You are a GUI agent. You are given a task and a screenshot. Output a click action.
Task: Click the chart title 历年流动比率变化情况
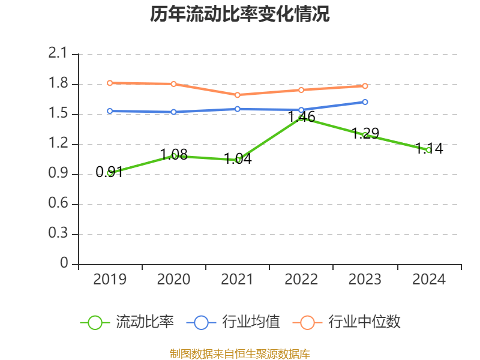239,14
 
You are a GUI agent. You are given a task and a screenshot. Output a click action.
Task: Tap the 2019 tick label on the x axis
110,280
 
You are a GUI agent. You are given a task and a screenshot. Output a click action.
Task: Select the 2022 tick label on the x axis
301,280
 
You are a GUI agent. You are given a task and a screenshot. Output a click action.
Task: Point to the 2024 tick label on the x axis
429,280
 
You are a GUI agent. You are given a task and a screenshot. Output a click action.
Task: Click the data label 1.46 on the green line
301,117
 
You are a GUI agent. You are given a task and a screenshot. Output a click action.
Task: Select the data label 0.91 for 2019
109,173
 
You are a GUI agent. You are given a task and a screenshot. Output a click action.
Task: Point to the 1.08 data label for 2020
174,155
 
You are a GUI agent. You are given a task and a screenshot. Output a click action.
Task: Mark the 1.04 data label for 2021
238,159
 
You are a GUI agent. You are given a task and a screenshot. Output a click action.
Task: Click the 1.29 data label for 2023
365,134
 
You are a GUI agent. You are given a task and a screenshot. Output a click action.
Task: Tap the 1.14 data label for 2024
429,149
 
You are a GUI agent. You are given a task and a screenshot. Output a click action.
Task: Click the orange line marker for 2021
238,95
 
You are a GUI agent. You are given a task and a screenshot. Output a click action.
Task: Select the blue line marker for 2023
365,102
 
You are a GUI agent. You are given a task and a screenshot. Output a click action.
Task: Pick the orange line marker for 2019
110,83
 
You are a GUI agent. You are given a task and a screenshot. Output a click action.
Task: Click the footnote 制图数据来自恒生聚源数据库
239,353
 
